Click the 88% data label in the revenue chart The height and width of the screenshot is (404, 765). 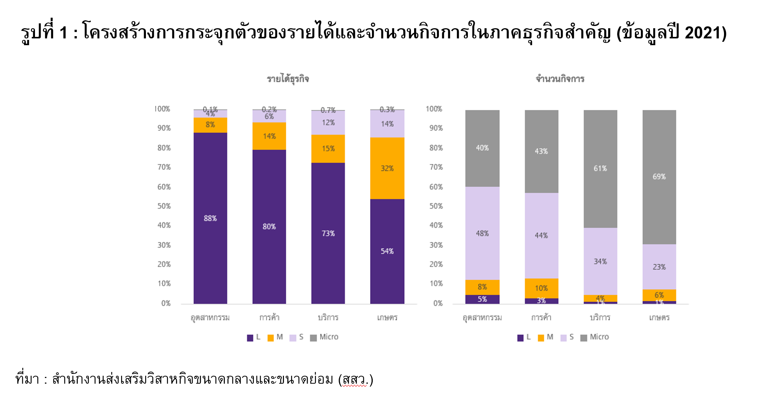[210, 218]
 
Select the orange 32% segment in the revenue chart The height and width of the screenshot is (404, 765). [387, 168]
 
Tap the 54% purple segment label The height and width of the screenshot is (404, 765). [387, 251]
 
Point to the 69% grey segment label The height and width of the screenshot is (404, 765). [659, 177]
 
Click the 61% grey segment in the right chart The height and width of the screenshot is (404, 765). [600, 168]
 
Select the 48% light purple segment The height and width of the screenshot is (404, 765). [482, 233]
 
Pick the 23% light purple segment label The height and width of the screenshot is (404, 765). [659, 267]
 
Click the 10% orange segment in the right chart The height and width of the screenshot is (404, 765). [541, 288]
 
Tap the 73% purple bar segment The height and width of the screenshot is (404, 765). [328, 233]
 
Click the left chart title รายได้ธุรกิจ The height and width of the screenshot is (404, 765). [288, 79]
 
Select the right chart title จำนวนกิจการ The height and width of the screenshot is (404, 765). [560, 79]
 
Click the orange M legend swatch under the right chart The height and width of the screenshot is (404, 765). [541, 338]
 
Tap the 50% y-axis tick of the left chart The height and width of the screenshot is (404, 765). [164, 206]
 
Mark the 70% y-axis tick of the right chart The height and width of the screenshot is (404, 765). [436, 167]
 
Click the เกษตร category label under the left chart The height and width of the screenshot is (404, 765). [387, 318]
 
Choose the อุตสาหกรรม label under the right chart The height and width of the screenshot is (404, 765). [482, 318]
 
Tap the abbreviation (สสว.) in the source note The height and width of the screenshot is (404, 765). [356, 380]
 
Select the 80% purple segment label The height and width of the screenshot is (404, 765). [269, 227]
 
